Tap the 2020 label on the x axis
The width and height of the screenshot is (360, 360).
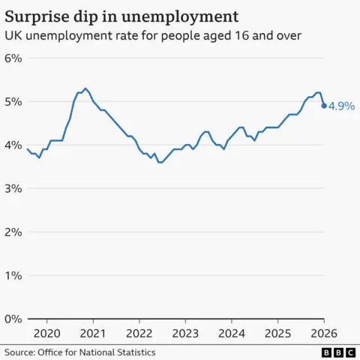(x=46, y=332)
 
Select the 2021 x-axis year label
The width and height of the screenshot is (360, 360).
(x=93, y=332)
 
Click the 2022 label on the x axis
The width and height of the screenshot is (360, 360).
(x=139, y=332)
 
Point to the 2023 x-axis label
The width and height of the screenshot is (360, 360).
(x=185, y=332)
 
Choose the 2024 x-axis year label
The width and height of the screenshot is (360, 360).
(x=232, y=332)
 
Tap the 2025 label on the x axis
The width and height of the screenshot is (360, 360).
(x=277, y=332)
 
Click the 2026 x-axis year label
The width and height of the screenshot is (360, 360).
(x=324, y=332)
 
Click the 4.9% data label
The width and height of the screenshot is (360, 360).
(x=341, y=106)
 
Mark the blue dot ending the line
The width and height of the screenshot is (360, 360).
(x=324, y=106)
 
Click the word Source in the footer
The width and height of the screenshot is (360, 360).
(x=20, y=352)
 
